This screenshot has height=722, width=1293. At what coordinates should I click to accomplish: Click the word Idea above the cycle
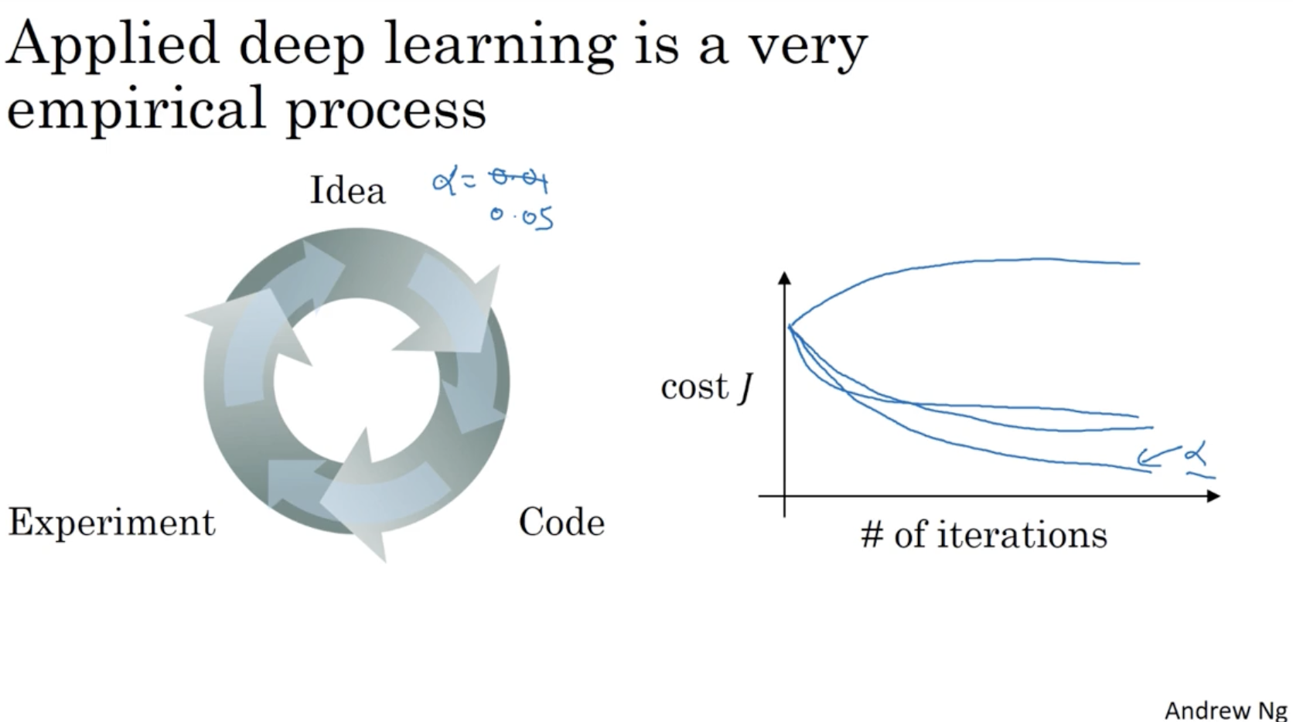[347, 190]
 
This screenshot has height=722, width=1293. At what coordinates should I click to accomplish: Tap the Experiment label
[111, 523]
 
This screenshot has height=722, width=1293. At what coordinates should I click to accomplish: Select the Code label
[561, 522]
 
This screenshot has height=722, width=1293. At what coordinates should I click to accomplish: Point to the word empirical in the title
[136, 110]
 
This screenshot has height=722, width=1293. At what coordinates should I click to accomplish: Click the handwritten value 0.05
[522, 218]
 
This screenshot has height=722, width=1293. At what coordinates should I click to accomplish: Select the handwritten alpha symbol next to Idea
[445, 180]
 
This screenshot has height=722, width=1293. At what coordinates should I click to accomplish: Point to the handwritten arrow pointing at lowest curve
[1158, 457]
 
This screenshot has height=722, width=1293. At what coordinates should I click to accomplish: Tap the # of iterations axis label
[984, 534]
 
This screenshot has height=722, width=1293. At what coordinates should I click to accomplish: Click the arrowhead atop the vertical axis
[784, 278]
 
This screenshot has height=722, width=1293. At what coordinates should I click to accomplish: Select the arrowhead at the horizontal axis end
[1213, 496]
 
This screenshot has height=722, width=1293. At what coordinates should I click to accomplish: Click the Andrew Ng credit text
[1226, 710]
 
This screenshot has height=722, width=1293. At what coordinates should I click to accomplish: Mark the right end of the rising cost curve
[1139, 264]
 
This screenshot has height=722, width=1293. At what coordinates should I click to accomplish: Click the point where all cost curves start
[789, 327]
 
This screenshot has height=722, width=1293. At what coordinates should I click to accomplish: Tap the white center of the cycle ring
[357, 381]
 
